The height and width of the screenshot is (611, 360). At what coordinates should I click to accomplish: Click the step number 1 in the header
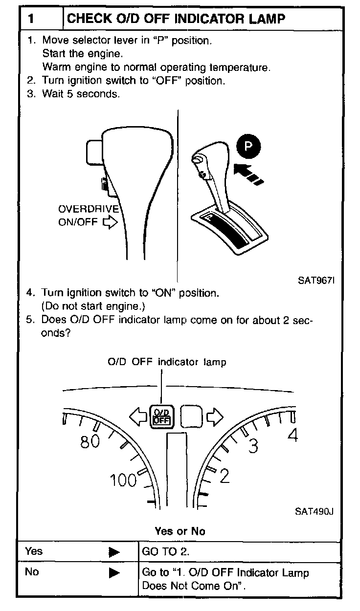[31, 19]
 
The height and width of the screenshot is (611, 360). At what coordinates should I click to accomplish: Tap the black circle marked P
[248, 146]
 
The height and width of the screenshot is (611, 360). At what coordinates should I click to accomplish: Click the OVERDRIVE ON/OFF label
[88, 216]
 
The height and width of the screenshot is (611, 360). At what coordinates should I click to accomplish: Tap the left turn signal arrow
[138, 416]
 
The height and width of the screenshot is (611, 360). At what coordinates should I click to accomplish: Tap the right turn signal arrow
[214, 416]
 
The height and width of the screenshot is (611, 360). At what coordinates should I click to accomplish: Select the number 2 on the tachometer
[224, 476]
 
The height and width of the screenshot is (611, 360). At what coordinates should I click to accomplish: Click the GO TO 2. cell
[166, 551]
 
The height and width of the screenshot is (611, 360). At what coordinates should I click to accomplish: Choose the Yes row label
[34, 551]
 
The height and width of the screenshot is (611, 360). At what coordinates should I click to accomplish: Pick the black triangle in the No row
[114, 572]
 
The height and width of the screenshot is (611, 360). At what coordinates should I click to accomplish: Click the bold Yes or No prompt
[180, 531]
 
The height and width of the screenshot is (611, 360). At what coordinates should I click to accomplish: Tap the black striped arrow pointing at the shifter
[248, 175]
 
